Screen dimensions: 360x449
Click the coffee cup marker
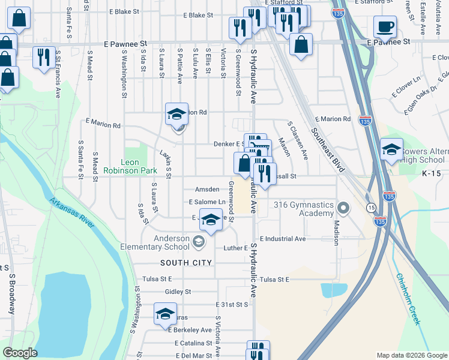click(385, 27)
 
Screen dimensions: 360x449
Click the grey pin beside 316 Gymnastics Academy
click(343, 209)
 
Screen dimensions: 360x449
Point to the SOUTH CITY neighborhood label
click(186, 263)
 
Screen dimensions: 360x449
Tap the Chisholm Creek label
click(408, 299)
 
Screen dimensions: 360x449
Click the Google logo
click(20, 353)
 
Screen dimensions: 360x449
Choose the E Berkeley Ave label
click(190, 330)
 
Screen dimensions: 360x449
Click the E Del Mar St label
click(193, 356)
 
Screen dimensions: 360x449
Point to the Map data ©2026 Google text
click(411, 355)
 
